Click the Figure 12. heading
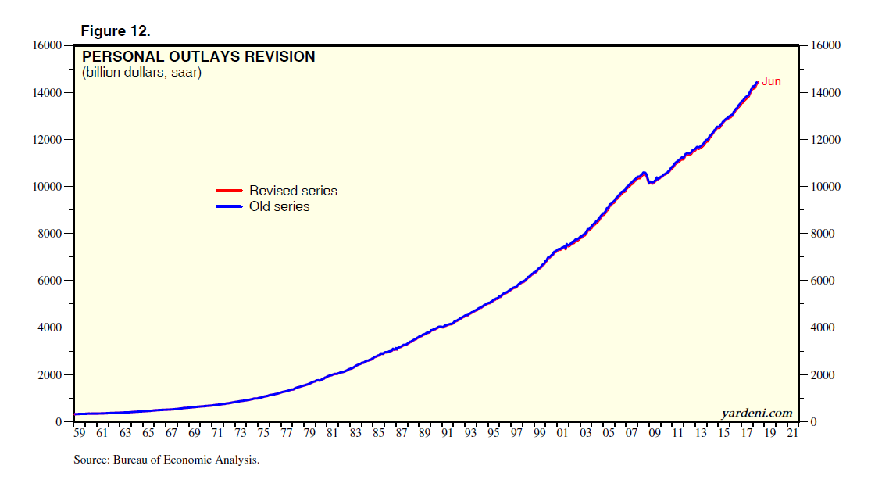pos(116,31)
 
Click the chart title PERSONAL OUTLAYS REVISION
pos(198,57)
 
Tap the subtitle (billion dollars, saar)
pos(141,73)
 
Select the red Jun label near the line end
pos(771,81)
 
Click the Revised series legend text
pos(293,191)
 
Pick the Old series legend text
pos(279,206)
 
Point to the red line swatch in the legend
pos(229,191)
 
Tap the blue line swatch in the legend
pos(229,206)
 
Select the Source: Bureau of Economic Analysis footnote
pos(166,460)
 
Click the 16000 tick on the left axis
pos(46,45)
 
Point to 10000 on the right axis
pos(825,187)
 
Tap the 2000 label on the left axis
pos(49,375)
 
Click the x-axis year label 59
pos(79,433)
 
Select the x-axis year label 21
pos(794,433)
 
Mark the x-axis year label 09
pos(655,433)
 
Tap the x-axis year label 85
pos(378,433)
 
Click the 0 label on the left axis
pos(59,422)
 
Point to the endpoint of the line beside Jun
pos(757,81)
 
